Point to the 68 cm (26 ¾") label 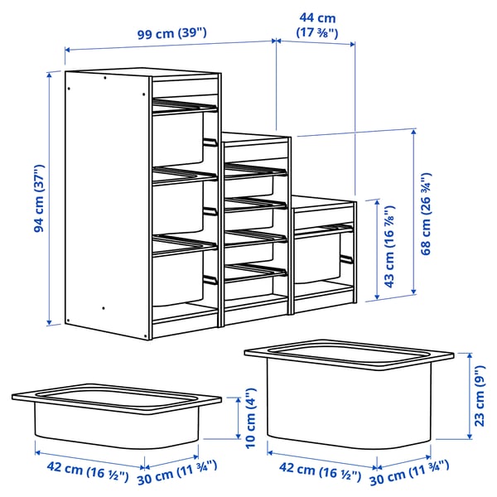425,215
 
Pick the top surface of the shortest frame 323,201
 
